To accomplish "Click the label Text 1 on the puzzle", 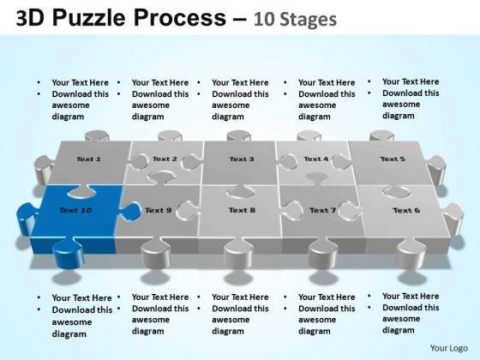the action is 88,159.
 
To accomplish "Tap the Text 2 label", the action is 165,159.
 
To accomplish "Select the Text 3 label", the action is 242,159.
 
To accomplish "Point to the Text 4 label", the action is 316,159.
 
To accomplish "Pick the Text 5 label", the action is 393,159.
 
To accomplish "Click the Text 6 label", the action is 406,210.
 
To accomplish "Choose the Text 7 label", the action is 322,210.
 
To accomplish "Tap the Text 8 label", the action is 242,210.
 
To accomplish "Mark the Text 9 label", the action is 158,210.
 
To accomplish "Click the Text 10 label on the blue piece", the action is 75,210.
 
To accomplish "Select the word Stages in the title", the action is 309,20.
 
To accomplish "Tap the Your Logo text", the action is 449,348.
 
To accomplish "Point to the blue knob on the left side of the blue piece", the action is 27,218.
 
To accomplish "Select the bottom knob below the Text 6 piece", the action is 411,254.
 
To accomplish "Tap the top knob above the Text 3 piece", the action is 239,135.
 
